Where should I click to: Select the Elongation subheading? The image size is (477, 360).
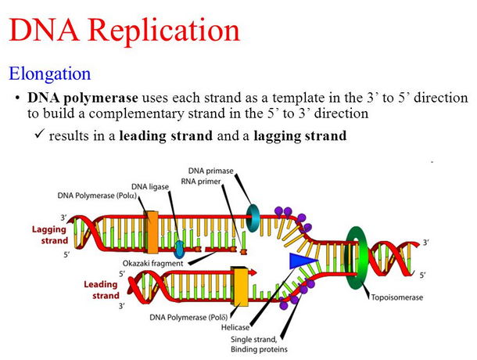click(49, 74)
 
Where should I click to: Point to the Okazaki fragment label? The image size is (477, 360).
click(156, 263)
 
